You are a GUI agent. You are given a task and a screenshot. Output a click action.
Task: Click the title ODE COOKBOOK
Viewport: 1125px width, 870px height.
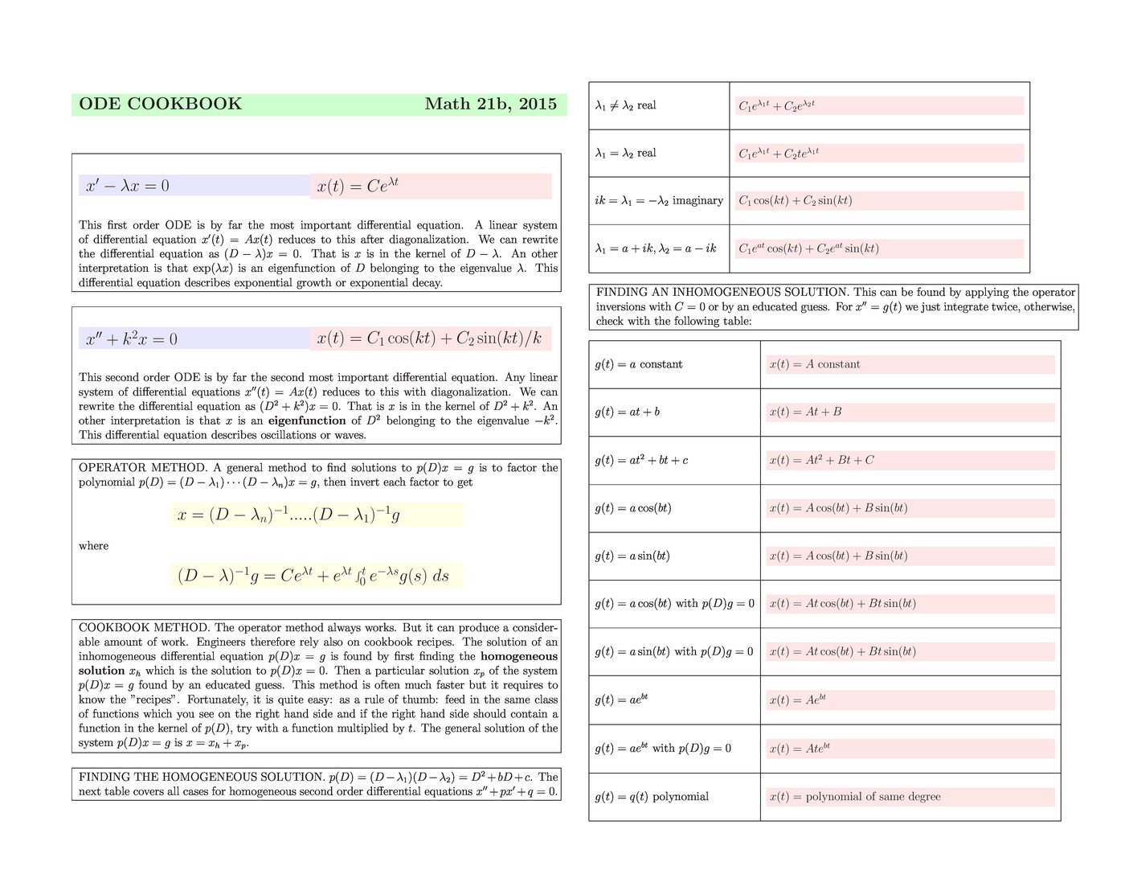click(160, 104)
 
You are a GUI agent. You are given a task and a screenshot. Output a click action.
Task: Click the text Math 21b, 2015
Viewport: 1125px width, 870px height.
click(490, 104)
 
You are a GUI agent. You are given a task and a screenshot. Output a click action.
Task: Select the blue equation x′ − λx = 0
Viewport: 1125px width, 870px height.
click(128, 187)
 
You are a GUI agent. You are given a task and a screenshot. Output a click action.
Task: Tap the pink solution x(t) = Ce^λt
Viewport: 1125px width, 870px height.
click(358, 186)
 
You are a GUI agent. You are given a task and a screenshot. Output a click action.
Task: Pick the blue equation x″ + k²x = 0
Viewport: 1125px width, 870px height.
click(132, 339)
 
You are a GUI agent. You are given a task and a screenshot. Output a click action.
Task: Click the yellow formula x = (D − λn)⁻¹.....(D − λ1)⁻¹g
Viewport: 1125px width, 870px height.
click(288, 515)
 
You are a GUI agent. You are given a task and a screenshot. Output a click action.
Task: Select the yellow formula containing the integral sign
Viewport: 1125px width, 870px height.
click(313, 576)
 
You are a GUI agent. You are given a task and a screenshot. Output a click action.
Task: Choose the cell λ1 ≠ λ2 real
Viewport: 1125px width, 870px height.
click(625, 105)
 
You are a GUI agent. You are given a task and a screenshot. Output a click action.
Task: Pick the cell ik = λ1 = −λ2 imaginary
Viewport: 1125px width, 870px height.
click(659, 201)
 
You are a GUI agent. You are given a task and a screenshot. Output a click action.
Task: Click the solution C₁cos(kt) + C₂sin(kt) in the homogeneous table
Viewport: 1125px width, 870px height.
click(796, 201)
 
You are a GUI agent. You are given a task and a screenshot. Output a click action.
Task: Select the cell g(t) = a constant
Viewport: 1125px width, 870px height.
click(639, 364)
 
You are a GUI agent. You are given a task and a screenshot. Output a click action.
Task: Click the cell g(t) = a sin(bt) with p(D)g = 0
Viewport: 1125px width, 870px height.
click(674, 651)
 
